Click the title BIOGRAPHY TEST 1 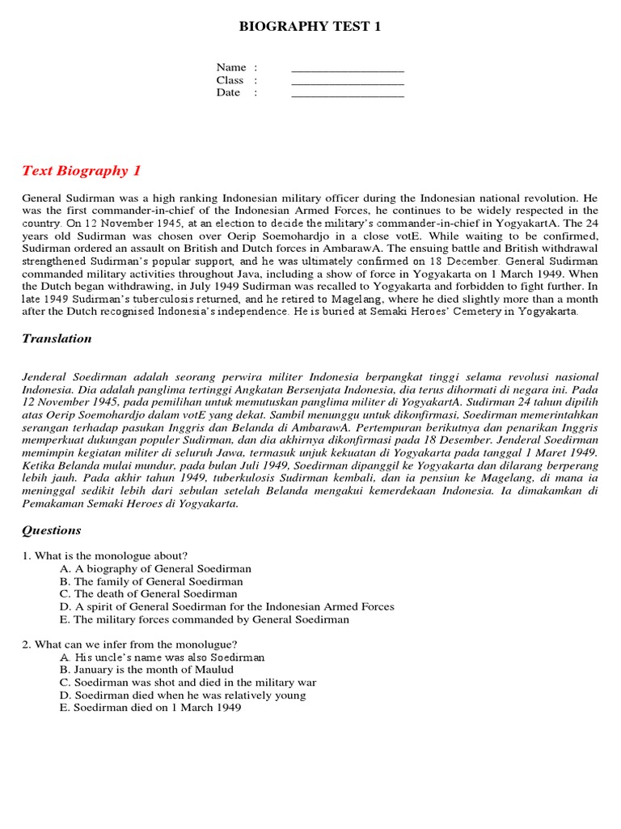coord(310,27)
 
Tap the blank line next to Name coord(347,70)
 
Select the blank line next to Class coord(347,83)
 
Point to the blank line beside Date coord(347,96)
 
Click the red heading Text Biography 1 coord(82,170)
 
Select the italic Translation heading coord(57,338)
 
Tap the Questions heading coord(52,530)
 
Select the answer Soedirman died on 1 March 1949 coord(150,708)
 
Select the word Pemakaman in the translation coord(52,504)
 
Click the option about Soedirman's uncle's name coord(162,657)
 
